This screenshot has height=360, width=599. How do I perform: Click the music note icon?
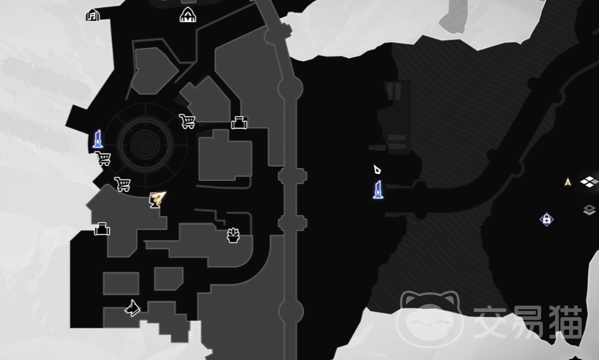point(92,15)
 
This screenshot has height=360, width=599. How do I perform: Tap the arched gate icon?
point(188,15)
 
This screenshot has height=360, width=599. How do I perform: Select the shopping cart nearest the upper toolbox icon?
point(187,121)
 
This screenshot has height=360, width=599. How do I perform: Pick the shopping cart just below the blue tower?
point(103,158)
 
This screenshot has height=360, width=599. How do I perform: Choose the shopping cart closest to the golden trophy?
point(122,184)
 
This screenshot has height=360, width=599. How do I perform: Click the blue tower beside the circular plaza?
point(98,139)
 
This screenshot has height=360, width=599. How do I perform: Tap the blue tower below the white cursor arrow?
point(378,190)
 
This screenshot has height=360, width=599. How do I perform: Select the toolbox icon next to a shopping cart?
point(239,123)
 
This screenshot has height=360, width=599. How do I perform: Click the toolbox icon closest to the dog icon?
point(102,228)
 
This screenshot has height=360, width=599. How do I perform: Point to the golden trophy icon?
point(157,199)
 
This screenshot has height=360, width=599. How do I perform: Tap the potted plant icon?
point(233,235)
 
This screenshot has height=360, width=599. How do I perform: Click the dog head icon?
point(132,308)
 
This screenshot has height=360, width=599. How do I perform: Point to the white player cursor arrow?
point(377,169)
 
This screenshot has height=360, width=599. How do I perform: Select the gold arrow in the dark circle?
point(568,182)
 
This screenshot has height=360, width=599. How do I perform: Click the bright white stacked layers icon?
point(589,182)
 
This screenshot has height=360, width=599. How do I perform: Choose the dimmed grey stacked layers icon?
point(589,210)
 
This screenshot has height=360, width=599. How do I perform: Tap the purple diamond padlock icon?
point(546,220)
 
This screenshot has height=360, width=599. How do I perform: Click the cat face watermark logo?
point(430,320)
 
